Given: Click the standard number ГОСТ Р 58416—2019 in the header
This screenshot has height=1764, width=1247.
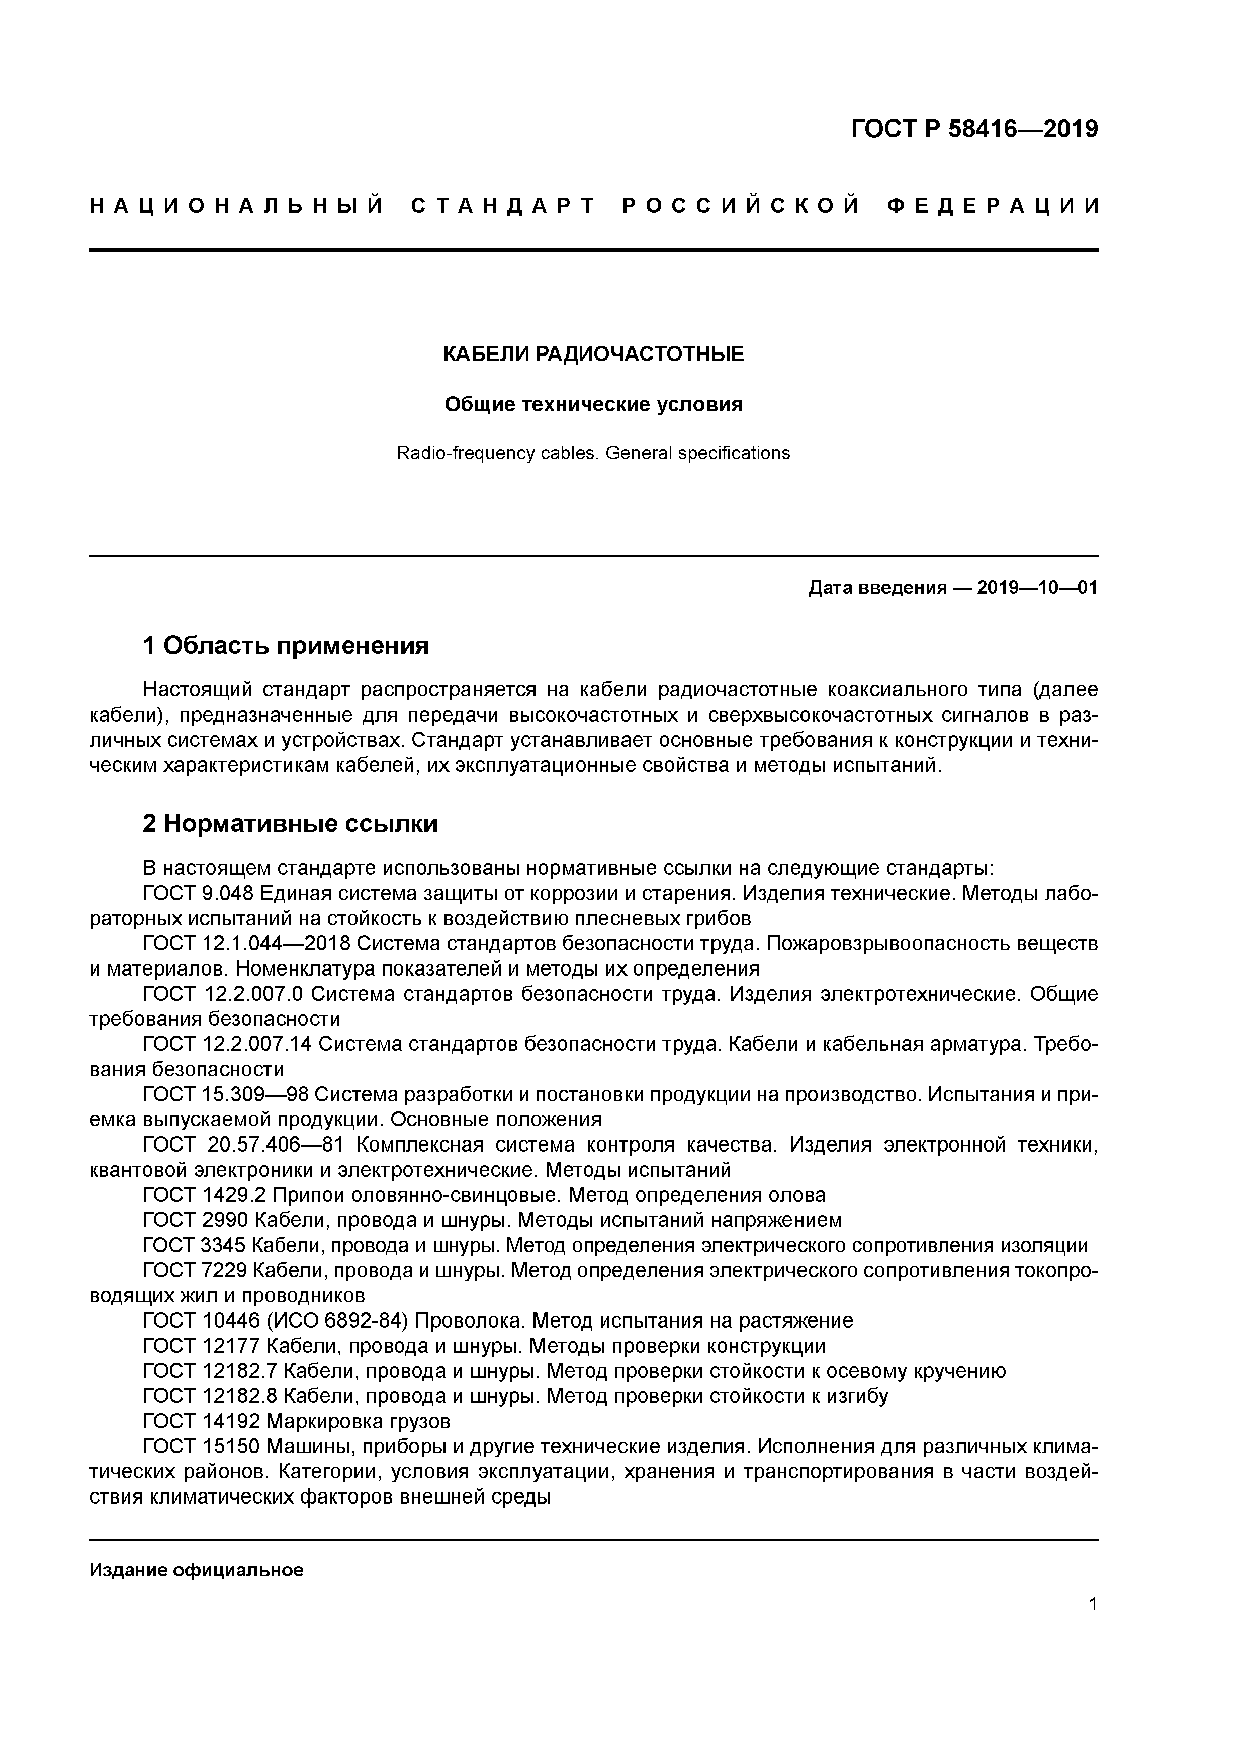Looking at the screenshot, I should point(974,129).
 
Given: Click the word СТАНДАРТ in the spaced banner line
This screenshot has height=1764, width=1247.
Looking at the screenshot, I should point(504,206).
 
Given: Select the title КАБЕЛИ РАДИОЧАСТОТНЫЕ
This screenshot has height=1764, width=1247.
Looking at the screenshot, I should point(593,354).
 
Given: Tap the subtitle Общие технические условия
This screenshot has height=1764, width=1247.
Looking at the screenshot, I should point(593,404).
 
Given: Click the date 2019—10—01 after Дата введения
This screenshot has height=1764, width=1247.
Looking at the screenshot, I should point(1037,588).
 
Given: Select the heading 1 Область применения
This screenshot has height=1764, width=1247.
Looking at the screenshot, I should point(286,645).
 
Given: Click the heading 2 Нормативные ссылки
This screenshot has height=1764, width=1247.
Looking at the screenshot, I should point(291,824).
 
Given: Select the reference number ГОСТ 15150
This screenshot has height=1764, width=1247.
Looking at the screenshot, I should point(201,1447).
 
